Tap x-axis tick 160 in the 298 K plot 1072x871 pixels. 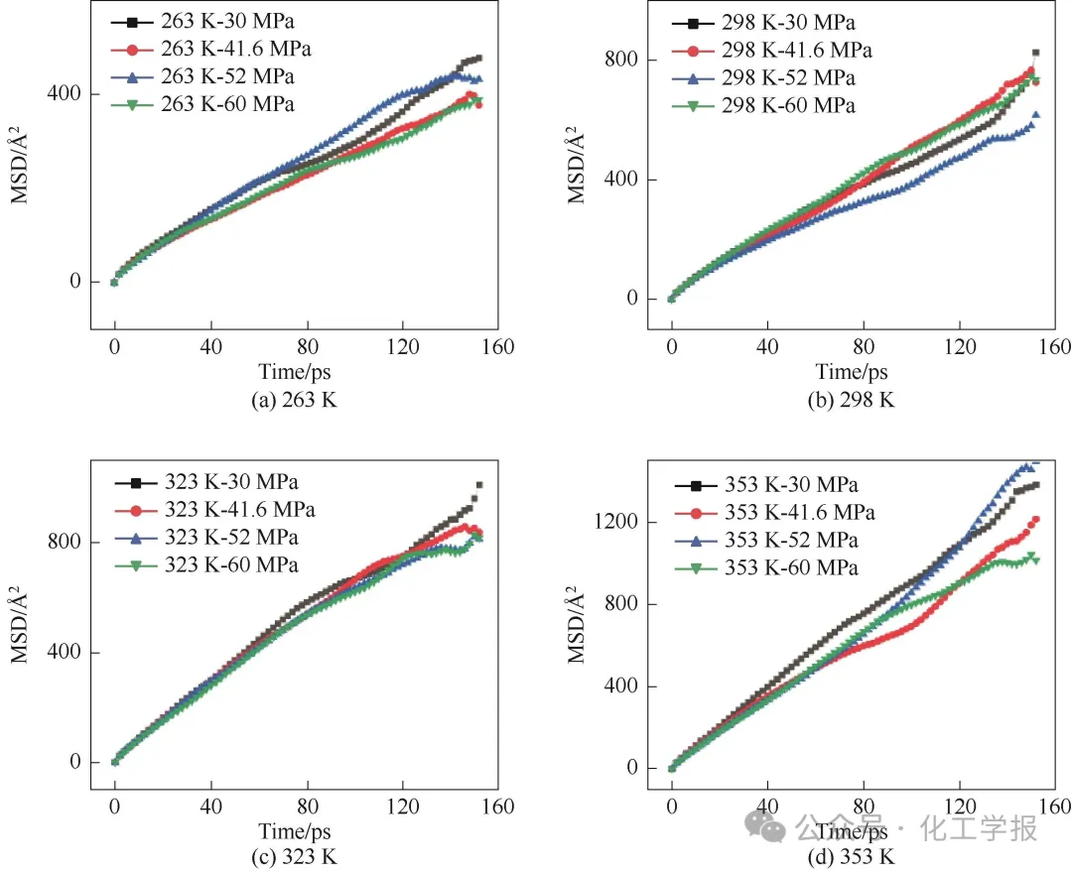coord(1055,346)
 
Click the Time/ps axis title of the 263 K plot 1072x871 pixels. coord(297,372)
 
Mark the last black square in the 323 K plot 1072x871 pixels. coord(479,485)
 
